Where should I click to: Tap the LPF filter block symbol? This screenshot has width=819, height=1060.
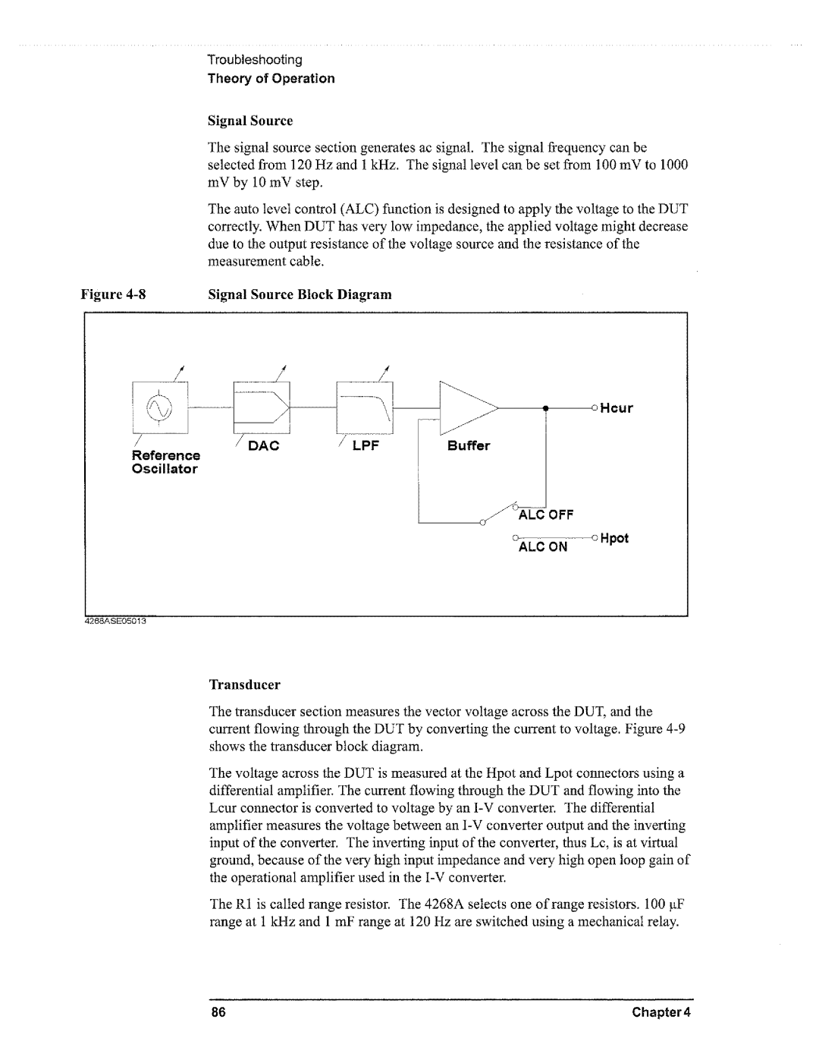tap(368, 407)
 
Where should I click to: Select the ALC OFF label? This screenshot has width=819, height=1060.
tap(546, 514)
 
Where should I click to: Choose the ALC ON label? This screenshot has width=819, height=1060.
tap(543, 546)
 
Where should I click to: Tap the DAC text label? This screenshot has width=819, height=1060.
tap(265, 445)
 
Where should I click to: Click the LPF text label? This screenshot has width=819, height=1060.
tap(371, 445)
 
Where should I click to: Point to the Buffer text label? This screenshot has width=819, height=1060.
tap(468, 445)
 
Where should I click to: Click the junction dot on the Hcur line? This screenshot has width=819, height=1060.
tap(546, 408)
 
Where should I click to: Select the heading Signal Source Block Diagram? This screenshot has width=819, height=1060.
tap(300, 294)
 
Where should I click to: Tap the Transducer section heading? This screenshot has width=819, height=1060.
tap(245, 684)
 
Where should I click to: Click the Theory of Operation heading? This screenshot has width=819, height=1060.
tap(271, 78)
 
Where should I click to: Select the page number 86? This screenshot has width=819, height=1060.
tap(218, 1013)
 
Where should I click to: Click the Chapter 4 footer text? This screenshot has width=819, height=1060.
tap(667, 1013)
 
